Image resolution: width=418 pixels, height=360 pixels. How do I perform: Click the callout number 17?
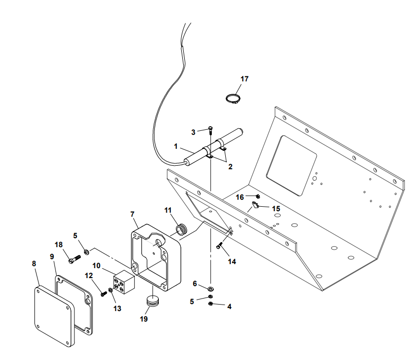click(x=244, y=79)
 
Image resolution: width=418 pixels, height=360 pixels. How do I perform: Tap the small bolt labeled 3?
click(x=211, y=130)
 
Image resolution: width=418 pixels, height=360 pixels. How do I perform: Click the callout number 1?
click(x=176, y=147)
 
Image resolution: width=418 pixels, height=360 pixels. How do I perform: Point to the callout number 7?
click(x=133, y=214)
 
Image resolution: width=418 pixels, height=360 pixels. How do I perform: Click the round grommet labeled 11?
click(x=181, y=229)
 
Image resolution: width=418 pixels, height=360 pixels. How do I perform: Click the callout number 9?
click(x=52, y=256)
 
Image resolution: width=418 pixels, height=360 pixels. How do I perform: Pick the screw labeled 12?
click(x=103, y=293)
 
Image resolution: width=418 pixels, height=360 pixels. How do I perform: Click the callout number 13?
click(x=117, y=309)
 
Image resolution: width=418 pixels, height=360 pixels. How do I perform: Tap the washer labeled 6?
click(x=211, y=288)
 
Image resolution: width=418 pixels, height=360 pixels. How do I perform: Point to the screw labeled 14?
click(x=220, y=245)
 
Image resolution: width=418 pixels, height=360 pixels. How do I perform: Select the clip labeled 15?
click(x=255, y=205)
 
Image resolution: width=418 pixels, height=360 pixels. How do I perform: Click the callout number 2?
click(x=230, y=167)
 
